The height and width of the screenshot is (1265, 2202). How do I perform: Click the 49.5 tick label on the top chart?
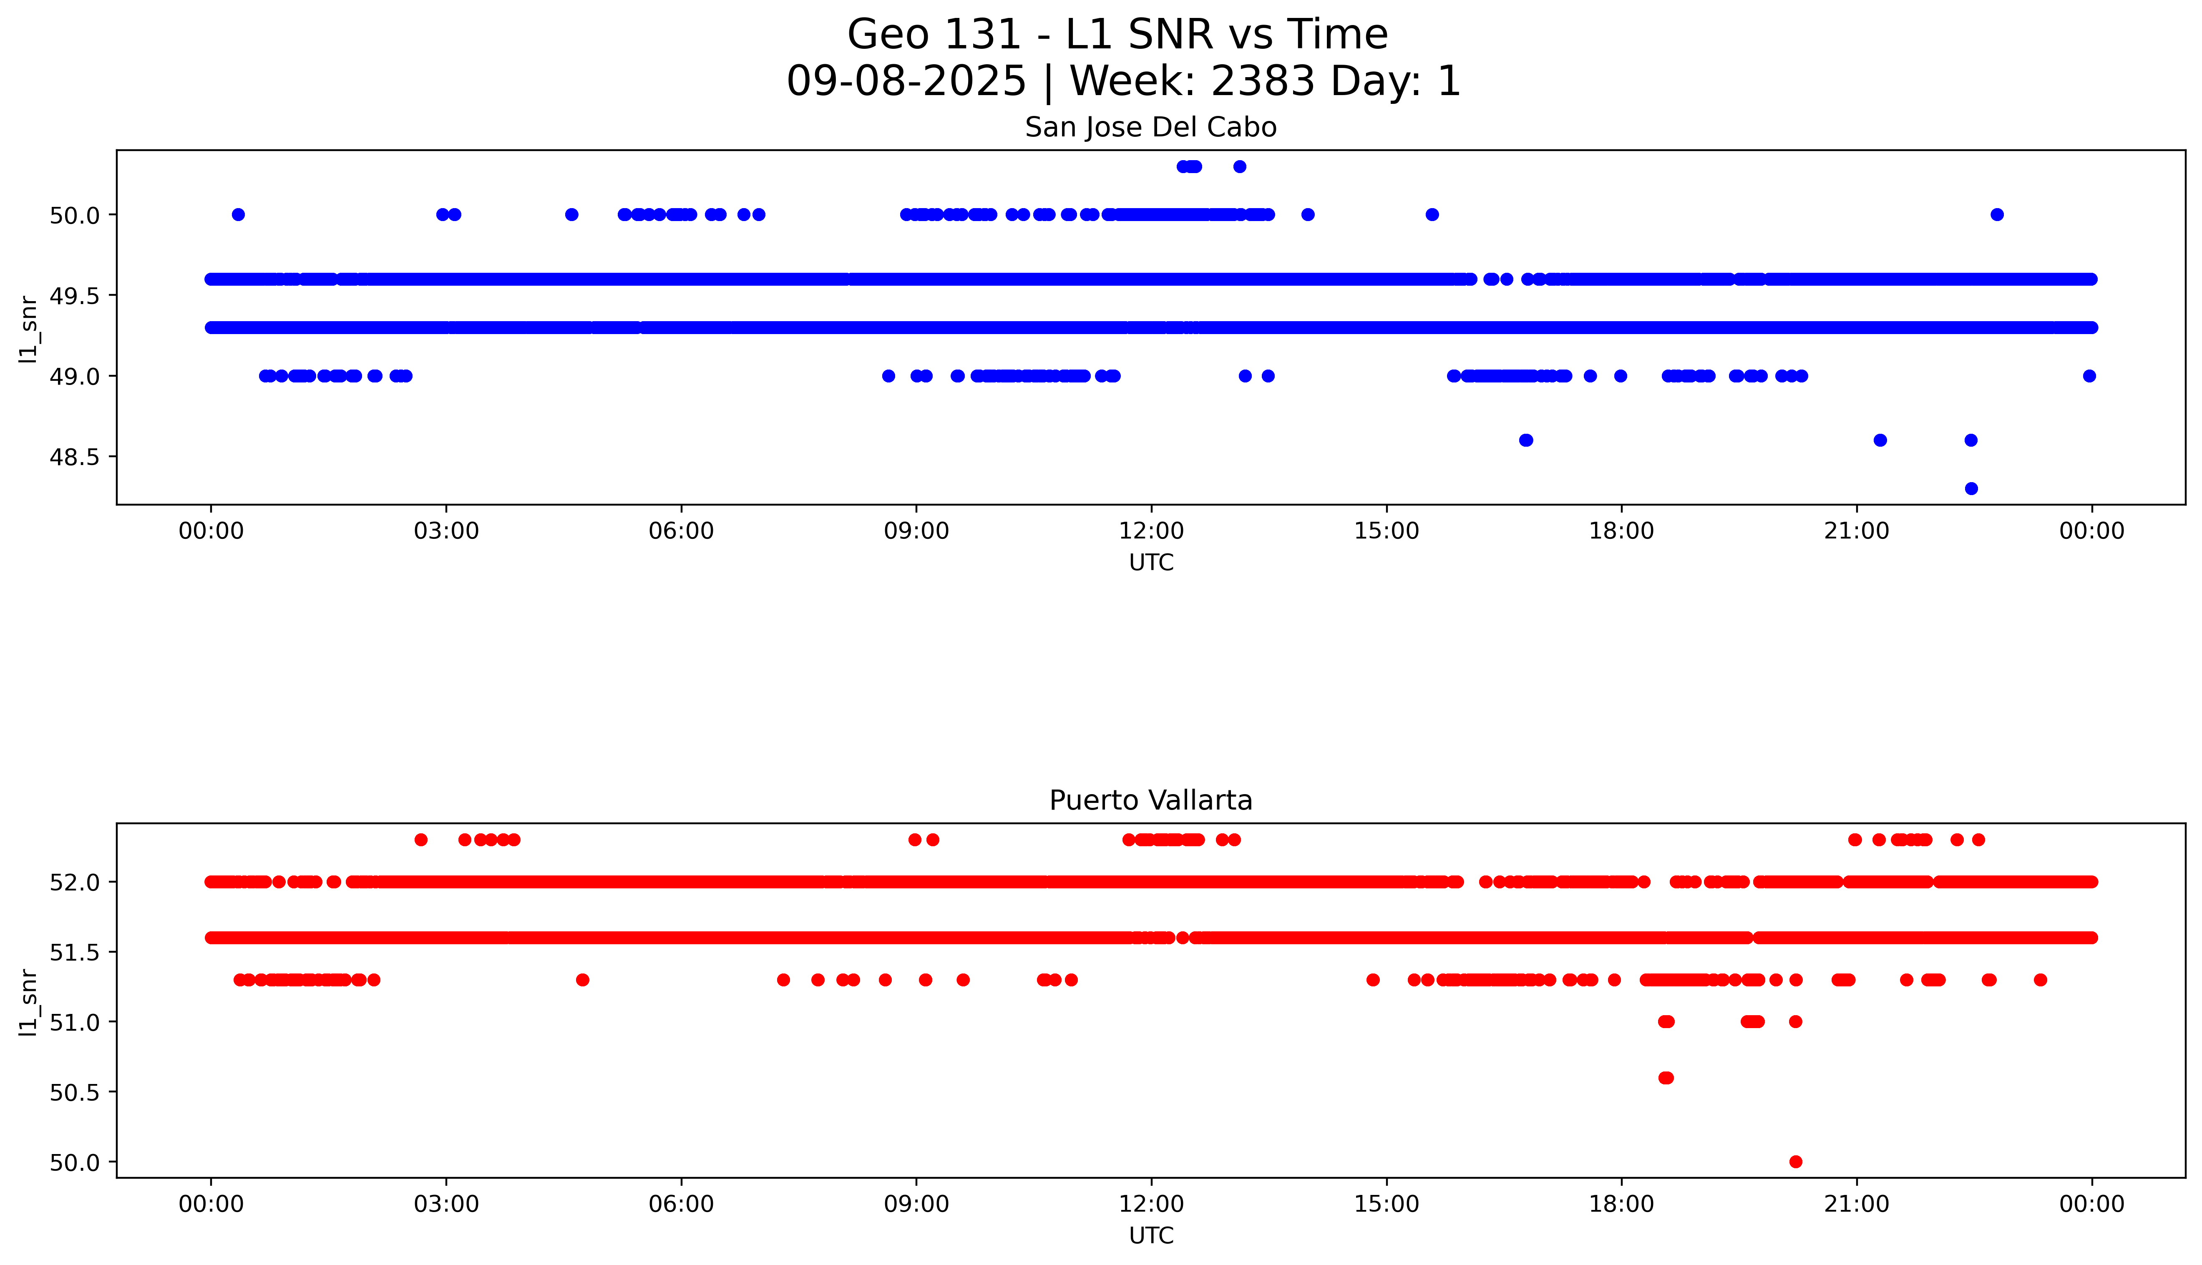tap(75, 295)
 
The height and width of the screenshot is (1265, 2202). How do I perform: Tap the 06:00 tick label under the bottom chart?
tap(681, 1204)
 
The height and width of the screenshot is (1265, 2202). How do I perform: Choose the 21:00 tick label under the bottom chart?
tap(1856, 1204)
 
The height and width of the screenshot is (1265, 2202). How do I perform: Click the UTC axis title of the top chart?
tap(1151, 563)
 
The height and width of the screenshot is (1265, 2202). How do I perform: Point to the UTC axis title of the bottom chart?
tap(1151, 1235)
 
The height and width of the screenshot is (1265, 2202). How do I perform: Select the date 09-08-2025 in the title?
tap(906, 82)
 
